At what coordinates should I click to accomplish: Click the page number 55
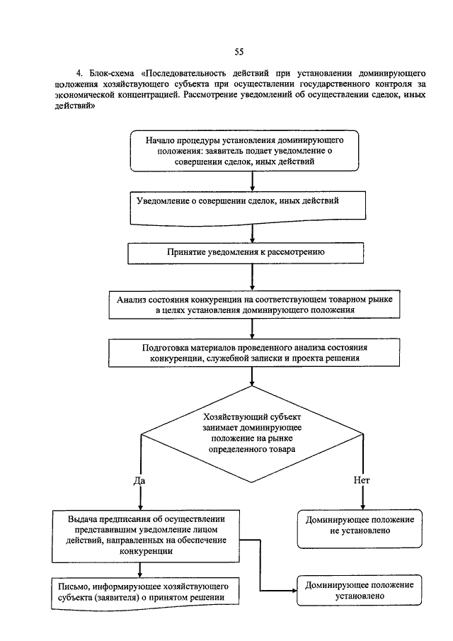(x=239, y=52)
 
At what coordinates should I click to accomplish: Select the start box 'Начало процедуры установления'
(x=244, y=151)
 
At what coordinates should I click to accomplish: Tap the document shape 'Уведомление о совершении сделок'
(x=248, y=208)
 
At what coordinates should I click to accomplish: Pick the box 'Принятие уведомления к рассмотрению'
(x=246, y=254)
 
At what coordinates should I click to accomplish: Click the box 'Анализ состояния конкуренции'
(x=254, y=305)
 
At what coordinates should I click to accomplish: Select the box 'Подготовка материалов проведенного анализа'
(x=254, y=353)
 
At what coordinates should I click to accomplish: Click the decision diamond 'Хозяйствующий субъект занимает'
(x=252, y=433)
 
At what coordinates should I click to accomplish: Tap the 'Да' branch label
(x=139, y=481)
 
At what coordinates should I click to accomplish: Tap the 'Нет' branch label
(x=362, y=480)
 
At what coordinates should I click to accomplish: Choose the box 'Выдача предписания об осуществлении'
(x=146, y=536)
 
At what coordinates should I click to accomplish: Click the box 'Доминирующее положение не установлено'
(x=360, y=529)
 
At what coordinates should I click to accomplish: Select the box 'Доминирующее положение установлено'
(x=360, y=590)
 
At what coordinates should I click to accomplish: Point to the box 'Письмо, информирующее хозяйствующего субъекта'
(x=145, y=594)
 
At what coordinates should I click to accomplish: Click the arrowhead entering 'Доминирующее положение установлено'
(x=294, y=591)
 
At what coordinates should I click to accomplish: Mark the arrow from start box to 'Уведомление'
(x=252, y=181)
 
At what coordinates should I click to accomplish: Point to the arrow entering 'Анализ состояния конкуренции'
(x=252, y=277)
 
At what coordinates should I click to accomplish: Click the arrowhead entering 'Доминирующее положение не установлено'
(x=362, y=507)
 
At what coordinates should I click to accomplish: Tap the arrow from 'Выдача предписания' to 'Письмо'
(x=140, y=570)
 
